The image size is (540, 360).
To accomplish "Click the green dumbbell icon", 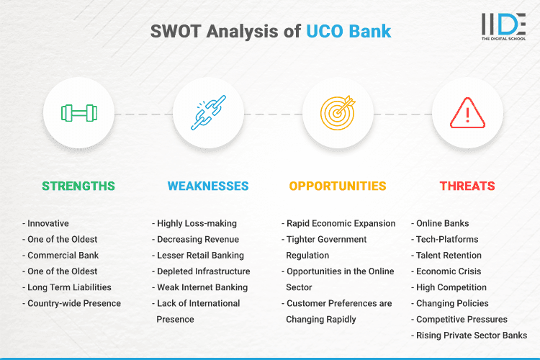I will click(x=78, y=113).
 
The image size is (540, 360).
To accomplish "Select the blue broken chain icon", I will click(x=208, y=113).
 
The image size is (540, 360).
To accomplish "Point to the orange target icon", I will click(x=338, y=113).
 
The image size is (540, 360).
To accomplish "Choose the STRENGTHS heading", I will click(x=78, y=186).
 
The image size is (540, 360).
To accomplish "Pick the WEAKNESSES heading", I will click(x=208, y=186).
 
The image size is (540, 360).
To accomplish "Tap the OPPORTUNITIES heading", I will click(x=338, y=186).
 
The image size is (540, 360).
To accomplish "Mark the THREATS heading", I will click(x=467, y=186).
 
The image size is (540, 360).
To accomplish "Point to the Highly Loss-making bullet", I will click(x=197, y=223).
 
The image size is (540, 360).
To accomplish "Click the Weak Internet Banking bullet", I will click(x=202, y=287).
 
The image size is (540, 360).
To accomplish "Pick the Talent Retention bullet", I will click(x=449, y=255).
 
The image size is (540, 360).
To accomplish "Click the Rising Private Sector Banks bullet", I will click(x=472, y=335).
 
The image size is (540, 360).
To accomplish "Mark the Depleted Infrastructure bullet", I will click(x=203, y=271).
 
